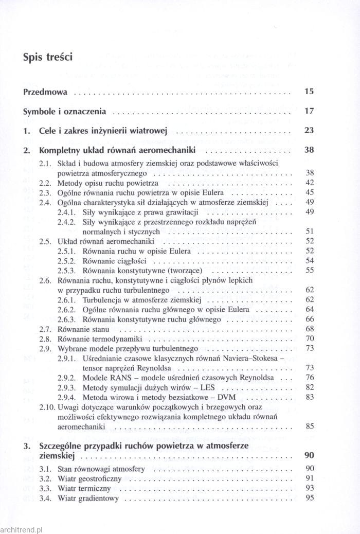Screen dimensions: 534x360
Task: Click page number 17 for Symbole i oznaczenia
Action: pos(309,111)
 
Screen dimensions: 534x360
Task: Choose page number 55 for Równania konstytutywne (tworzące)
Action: pos(310,270)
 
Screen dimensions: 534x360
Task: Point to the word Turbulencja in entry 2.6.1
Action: pos(101,299)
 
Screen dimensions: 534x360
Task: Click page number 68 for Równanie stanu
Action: pos(310,329)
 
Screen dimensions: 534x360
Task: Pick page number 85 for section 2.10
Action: pos(310,426)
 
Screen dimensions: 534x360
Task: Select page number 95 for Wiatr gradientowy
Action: pos(310,498)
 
